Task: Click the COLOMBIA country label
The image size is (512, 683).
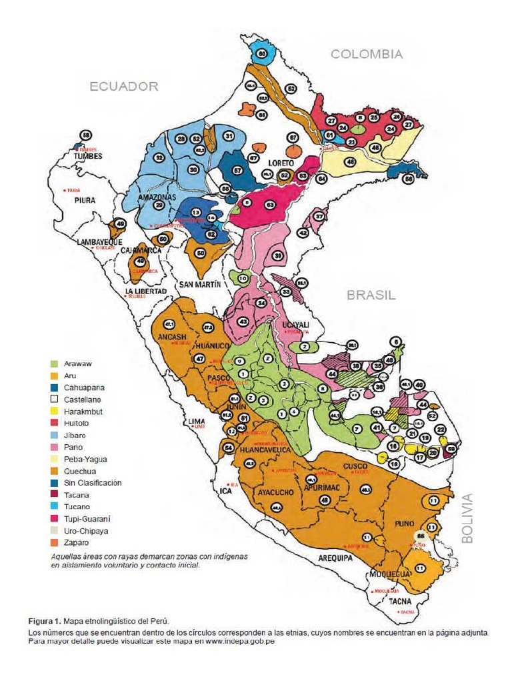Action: (x=367, y=55)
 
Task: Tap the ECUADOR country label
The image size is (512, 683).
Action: (x=125, y=86)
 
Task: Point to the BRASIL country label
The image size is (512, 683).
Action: (x=371, y=295)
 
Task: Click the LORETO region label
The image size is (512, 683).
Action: (x=281, y=162)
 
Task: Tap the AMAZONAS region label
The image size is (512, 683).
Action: (x=157, y=198)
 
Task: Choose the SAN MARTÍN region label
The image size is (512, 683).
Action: (x=200, y=284)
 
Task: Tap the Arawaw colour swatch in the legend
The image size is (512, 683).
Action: (x=57, y=364)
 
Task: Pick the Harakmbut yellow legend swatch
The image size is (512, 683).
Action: (x=57, y=412)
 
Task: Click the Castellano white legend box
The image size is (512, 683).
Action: (x=57, y=400)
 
